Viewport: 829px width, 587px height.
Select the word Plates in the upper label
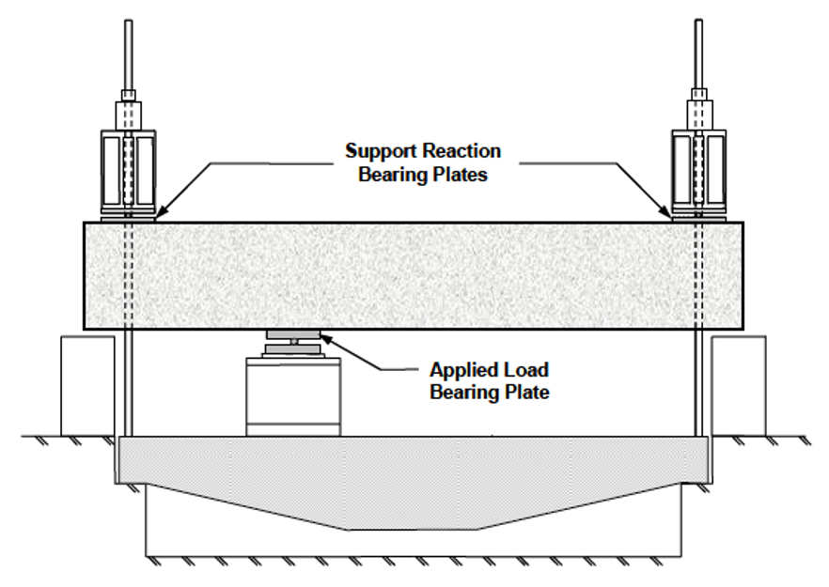(x=455, y=174)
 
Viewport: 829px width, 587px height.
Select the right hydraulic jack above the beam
(x=697, y=169)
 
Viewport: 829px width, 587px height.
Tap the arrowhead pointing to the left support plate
(x=161, y=215)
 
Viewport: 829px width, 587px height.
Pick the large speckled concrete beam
(x=414, y=275)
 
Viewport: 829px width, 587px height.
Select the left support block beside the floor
(x=87, y=385)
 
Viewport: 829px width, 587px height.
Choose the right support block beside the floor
(x=739, y=385)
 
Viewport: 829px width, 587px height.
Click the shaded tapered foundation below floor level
(x=414, y=484)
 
